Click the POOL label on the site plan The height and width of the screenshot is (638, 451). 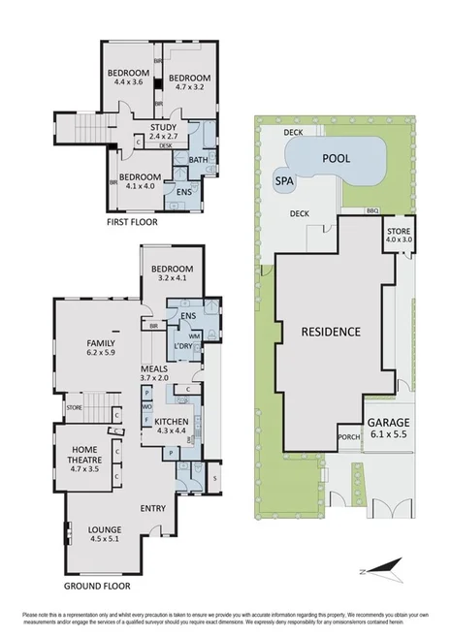tap(336, 157)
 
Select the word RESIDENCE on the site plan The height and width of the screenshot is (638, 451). tap(330, 332)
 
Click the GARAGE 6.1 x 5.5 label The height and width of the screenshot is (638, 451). tap(388, 429)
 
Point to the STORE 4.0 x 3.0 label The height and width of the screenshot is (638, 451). tap(400, 236)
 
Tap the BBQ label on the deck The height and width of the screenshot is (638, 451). tap(371, 210)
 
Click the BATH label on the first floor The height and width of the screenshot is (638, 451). tap(198, 160)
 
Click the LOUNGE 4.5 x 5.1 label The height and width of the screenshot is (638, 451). tap(104, 533)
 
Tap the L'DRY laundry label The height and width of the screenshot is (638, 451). tap(180, 346)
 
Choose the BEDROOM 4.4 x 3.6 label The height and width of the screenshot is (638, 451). tap(128, 79)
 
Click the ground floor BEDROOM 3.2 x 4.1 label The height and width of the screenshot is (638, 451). tap(175, 273)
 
